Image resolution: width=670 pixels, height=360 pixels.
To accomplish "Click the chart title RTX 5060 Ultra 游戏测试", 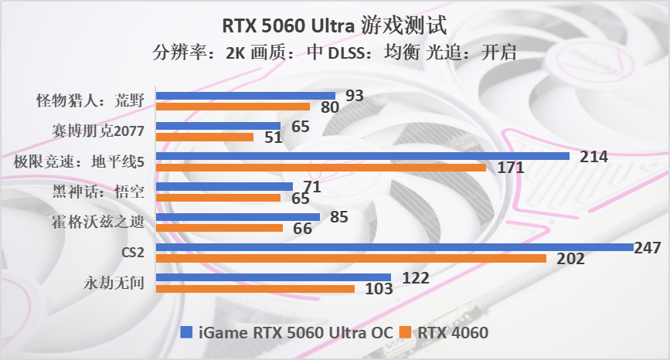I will [x=335, y=25].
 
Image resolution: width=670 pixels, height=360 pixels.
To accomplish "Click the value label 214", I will [x=594, y=157].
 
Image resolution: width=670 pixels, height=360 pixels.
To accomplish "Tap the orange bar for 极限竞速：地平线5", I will [x=321, y=168].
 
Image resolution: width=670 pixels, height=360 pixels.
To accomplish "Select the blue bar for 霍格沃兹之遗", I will [x=238, y=217].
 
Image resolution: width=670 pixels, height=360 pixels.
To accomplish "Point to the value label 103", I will [x=379, y=290].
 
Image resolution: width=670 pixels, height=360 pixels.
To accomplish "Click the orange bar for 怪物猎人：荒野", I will [x=233, y=107].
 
